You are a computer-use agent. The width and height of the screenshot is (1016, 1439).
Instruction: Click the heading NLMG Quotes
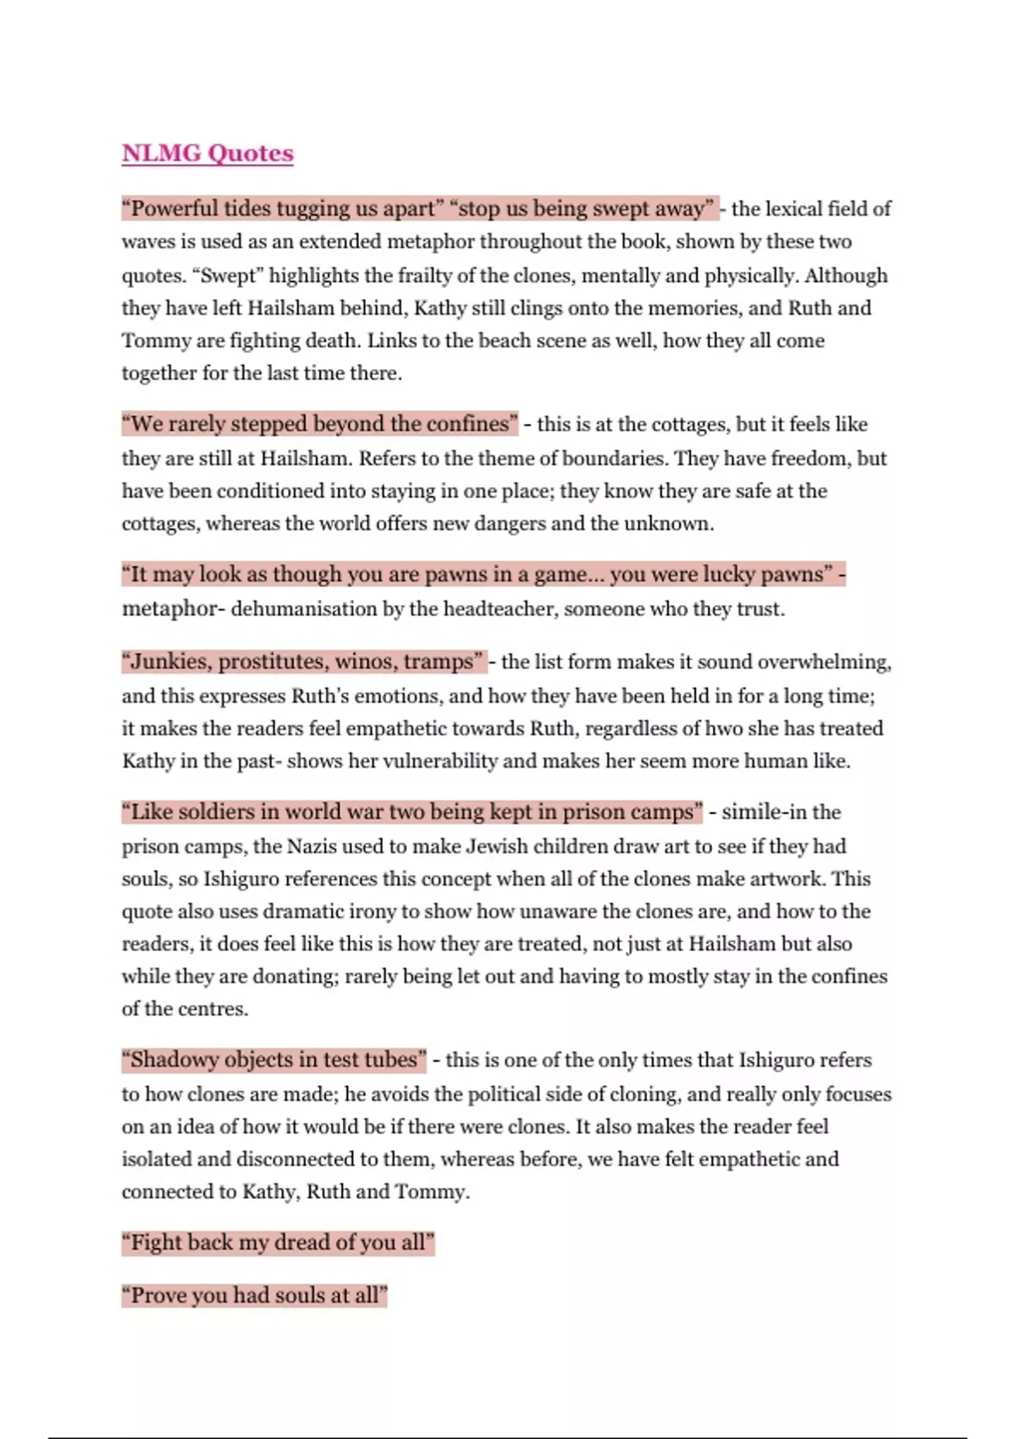(x=207, y=153)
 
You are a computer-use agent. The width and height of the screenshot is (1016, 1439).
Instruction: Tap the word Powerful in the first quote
(x=174, y=208)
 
